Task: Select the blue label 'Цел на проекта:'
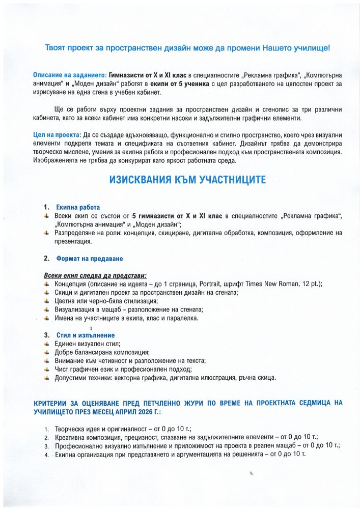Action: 56,134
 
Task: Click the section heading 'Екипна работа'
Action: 78,208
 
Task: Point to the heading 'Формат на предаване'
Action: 89,259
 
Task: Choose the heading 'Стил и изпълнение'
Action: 86,335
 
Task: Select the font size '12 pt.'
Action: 309,284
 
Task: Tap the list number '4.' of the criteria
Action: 46,454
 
